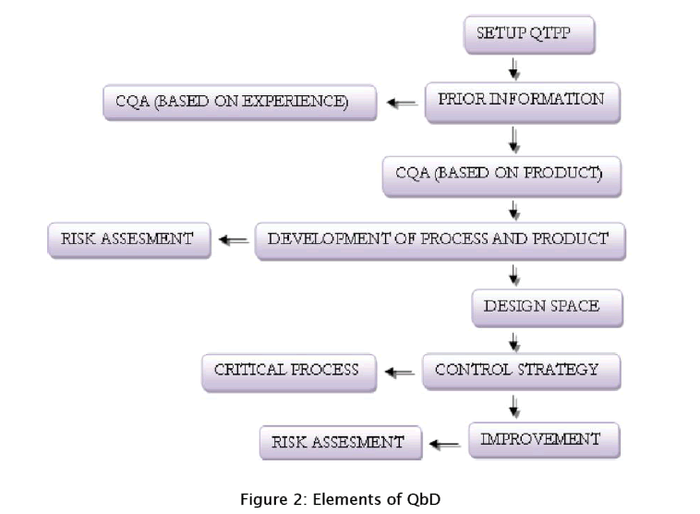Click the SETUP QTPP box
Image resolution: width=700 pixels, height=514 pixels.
pyautogui.click(x=528, y=35)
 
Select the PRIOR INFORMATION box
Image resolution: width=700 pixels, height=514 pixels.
pyautogui.click(x=521, y=101)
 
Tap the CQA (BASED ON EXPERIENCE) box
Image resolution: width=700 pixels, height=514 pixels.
pyautogui.click(x=239, y=102)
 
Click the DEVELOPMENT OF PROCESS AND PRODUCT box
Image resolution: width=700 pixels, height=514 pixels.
pyautogui.click(x=439, y=239)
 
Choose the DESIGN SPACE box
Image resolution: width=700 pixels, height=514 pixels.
pyautogui.click(x=540, y=306)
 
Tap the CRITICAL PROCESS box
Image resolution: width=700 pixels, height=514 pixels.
pyautogui.click(x=287, y=370)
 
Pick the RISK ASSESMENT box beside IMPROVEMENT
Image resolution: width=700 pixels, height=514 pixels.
pyautogui.click(x=338, y=442)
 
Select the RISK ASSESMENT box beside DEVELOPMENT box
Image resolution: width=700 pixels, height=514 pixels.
pyautogui.click(x=127, y=239)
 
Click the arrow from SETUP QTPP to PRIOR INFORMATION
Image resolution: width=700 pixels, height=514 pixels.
pyautogui.click(x=514, y=69)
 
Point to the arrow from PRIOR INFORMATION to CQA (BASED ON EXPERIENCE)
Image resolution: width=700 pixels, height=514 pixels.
pyautogui.click(x=402, y=104)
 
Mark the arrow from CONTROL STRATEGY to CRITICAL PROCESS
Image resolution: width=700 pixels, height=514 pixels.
pyautogui.click(x=399, y=373)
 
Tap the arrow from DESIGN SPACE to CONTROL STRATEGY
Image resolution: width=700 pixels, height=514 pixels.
pyautogui.click(x=514, y=341)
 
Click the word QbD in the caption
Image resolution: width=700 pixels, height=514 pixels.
pyautogui.click(x=424, y=499)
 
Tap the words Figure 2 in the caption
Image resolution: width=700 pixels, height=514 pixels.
pyautogui.click(x=272, y=499)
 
